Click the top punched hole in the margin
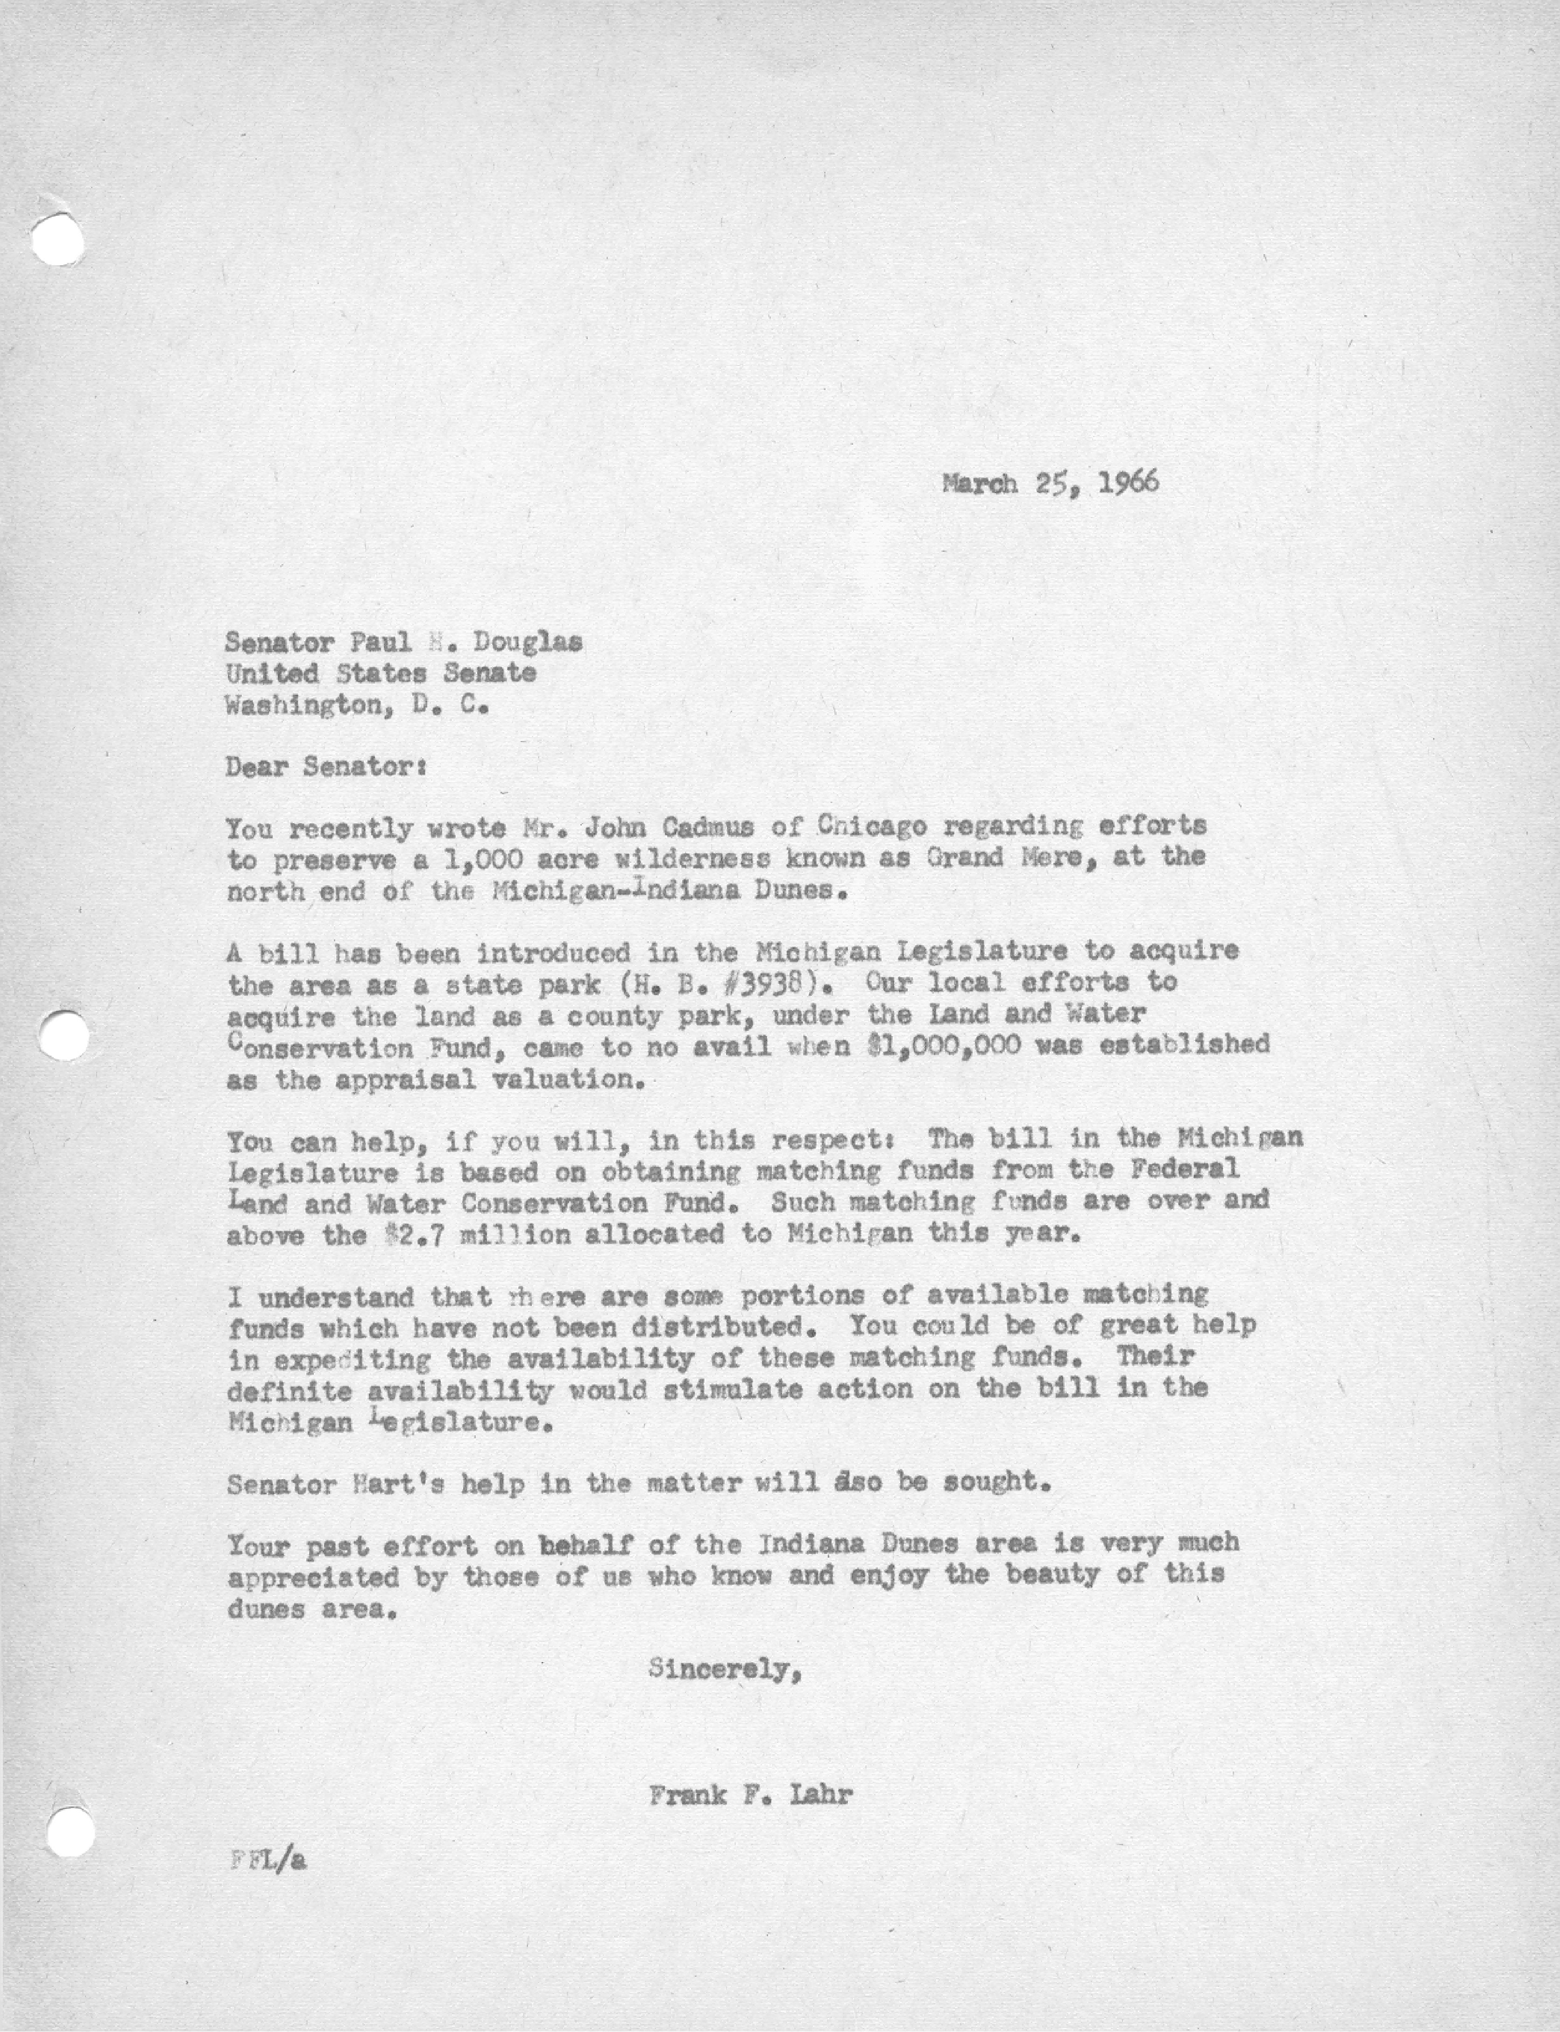tap(56, 240)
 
